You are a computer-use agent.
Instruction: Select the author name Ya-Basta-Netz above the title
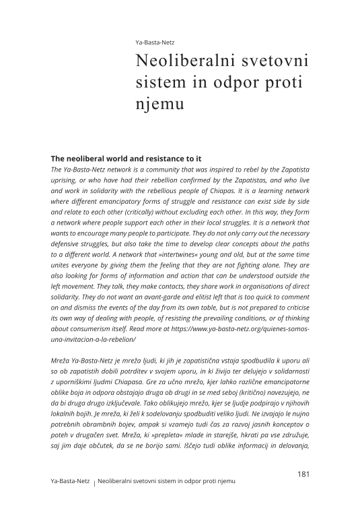(x=155, y=42)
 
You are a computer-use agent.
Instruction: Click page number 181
(x=303, y=474)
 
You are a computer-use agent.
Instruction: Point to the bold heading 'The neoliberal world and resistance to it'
(x=127, y=158)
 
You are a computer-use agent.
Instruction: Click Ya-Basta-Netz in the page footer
(x=70, y=482)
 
